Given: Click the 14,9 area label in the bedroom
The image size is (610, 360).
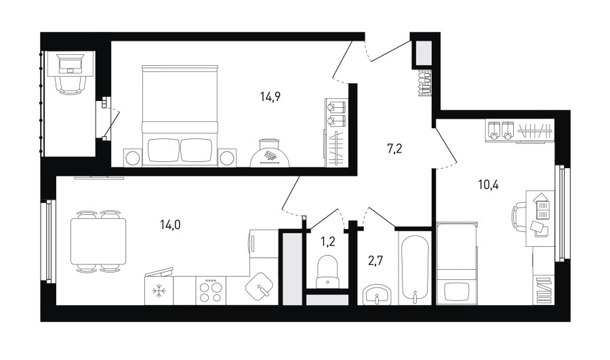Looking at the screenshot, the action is coord(270,96).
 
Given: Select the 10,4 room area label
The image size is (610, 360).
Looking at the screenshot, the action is coord(488,184).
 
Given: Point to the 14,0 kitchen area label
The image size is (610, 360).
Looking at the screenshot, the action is coord(170,224).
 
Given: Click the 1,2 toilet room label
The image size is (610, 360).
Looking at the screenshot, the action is coord(327,242).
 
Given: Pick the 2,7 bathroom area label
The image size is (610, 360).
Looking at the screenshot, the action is coord(375,260).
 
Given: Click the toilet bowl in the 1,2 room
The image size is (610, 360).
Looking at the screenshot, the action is coord(327,271).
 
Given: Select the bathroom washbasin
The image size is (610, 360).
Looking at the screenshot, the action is coord(377,295).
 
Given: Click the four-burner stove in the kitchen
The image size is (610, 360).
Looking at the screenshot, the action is coord(211,291).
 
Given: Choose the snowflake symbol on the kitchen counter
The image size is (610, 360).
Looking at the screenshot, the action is coord(159,291).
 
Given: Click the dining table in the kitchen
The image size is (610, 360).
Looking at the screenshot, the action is coord(98,241).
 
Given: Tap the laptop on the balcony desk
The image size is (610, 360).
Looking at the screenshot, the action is coord(70,64).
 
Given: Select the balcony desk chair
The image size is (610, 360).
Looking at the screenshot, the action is coord(70,85).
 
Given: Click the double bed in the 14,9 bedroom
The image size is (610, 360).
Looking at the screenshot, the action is coord(180,116).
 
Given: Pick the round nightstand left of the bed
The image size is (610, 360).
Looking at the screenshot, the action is coord(133,157).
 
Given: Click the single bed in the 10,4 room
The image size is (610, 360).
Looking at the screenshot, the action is coord(457,263).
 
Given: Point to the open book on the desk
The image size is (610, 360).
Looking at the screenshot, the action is coord(542,209).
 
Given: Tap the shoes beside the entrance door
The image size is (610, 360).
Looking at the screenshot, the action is coord(424,83).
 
